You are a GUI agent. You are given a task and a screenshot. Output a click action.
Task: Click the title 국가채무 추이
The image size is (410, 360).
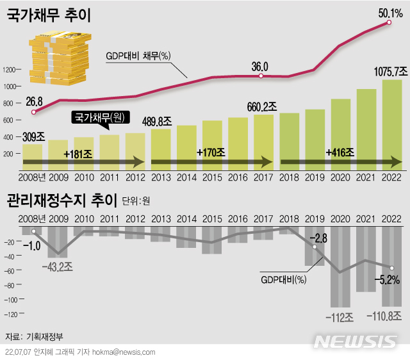pyautogui.click(x=48, y=15)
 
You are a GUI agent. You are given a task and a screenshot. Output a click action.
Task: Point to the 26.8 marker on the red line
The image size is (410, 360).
pyautogui.click(x=33, y=111)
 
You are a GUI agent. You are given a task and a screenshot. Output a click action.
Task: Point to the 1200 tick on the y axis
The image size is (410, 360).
pyautogui.click(x=9, y=70)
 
